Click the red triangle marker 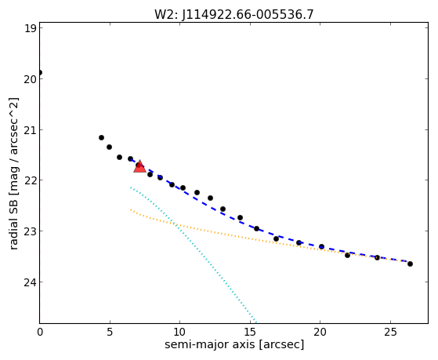(139, 166)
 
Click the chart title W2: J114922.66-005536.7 (234, 15)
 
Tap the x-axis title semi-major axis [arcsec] (234, 344)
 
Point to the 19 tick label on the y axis (31, 28)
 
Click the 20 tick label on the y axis (31, 79)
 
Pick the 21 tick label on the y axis (31, 130)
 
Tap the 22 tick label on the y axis (31, 180)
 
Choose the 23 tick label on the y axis (31, 231)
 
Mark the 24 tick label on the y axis (31, 282)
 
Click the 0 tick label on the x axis (40, 333)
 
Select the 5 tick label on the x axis (110, 333)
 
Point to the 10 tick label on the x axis (179, 333)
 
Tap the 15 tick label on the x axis (250, 333)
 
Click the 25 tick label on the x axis (390, 333)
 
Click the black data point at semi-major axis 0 (40, 73)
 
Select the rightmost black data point (410, 264)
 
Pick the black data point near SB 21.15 (101, 137)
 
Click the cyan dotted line (193, 254)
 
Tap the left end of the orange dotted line (130, 209)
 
